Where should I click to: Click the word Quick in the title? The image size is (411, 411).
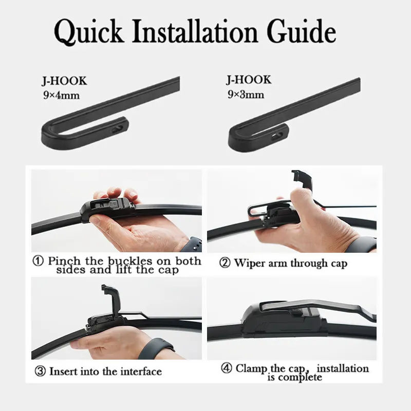click(x=89, y=31)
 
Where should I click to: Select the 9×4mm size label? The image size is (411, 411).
click(x=61, y=95)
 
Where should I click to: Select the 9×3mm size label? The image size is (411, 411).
click(x=246, y=94)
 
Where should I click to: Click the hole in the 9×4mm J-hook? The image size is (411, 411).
click(x=118, y=129)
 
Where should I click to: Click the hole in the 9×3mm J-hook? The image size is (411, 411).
click(x=277, y=136)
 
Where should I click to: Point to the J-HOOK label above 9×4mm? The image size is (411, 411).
click(x=65, y=81)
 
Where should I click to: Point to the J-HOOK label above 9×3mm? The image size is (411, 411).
click(x=249, y=80)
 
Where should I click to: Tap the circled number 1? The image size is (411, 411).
click(x=38, y=261)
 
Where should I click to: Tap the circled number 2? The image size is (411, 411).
click(x=225, y=263)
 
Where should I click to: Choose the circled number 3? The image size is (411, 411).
click(x=40, y=371)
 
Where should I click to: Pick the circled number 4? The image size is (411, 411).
click(x=227, y=368)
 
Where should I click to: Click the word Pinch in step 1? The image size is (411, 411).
click(x=64, y=261)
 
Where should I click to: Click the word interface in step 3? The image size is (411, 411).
click(x=141, y=371)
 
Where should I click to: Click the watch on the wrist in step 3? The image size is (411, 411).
click(x=155, y=348)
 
